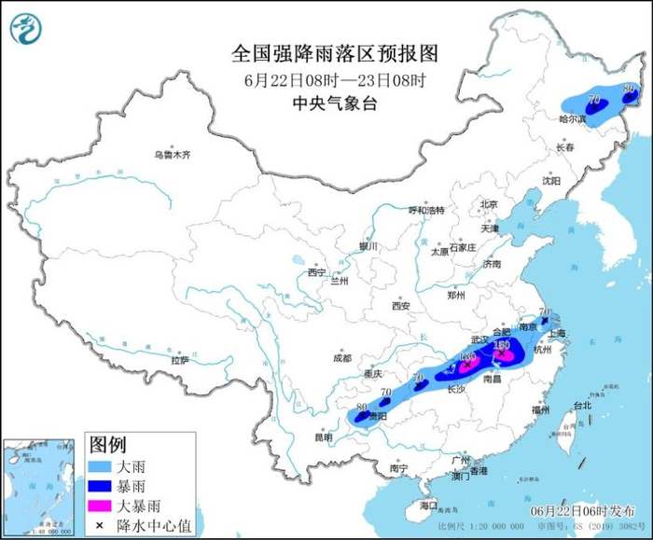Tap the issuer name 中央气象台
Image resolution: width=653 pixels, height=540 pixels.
coord(334,104)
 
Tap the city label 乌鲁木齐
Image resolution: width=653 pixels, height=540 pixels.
coord(172,155)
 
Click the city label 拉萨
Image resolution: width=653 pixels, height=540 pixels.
coord(179,360)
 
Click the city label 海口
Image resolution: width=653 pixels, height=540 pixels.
coord(428,505)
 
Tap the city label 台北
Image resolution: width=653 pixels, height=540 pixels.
coord(581,406)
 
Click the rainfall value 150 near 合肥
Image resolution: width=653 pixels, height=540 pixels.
coord(501,345)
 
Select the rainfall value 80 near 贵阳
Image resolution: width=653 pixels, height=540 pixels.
coord(363,408)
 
